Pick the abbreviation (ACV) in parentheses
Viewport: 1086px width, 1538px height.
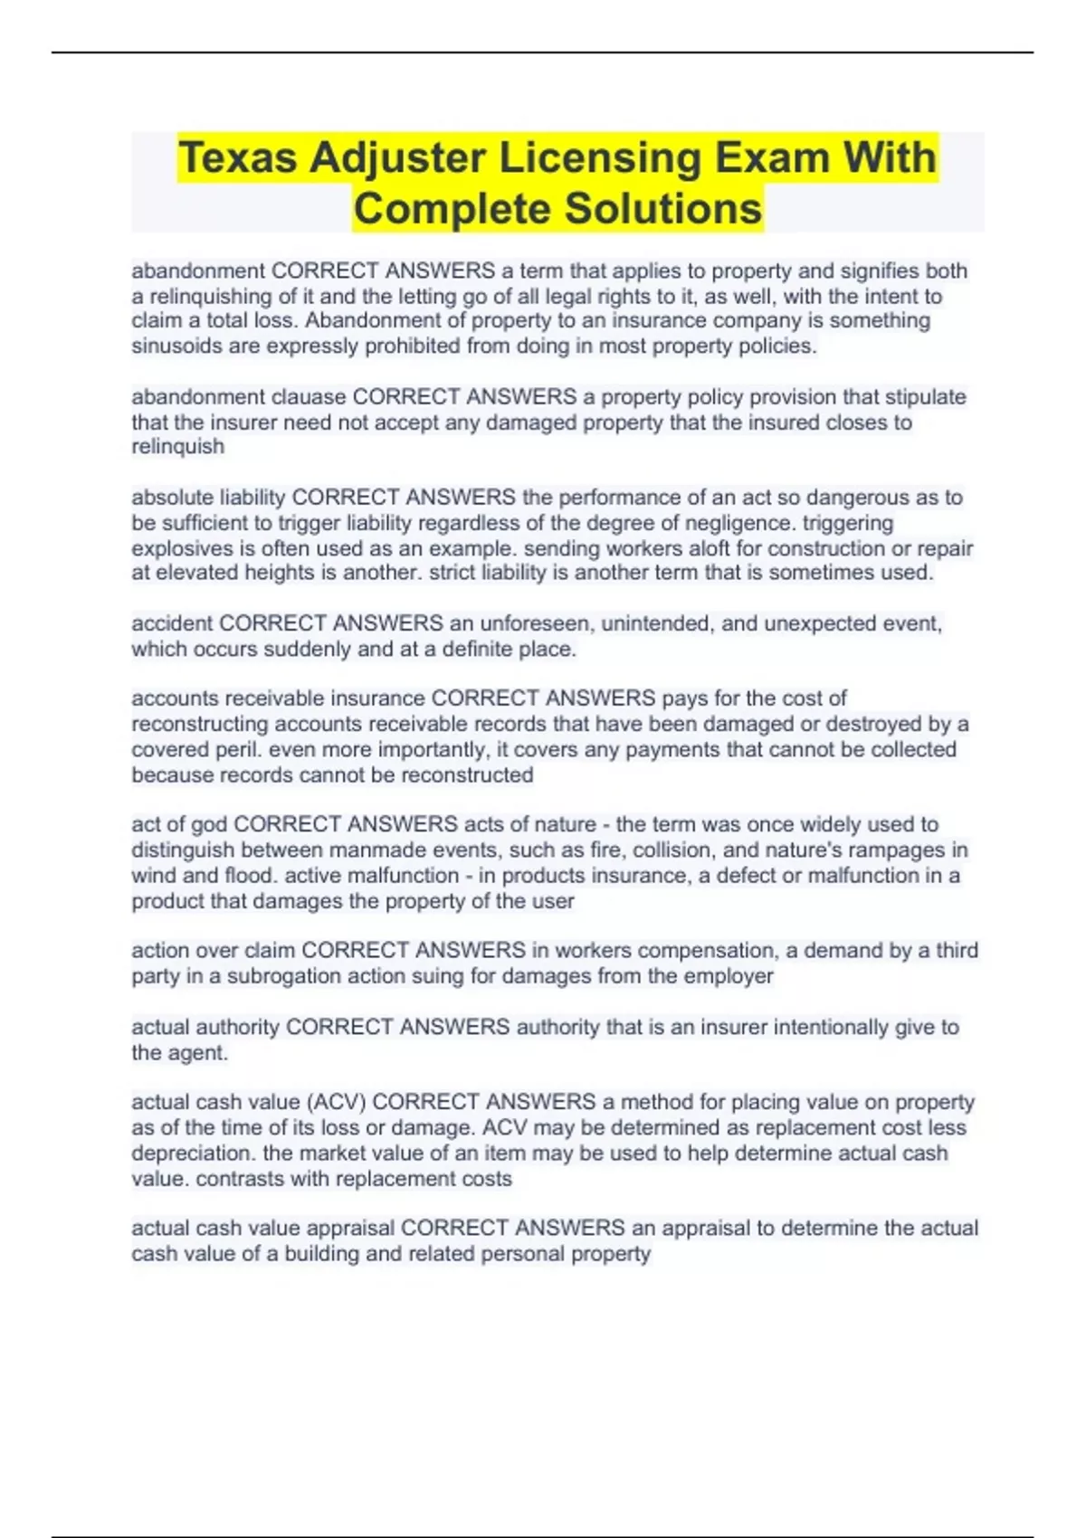pyautogui.click(x=336, y=1102)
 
